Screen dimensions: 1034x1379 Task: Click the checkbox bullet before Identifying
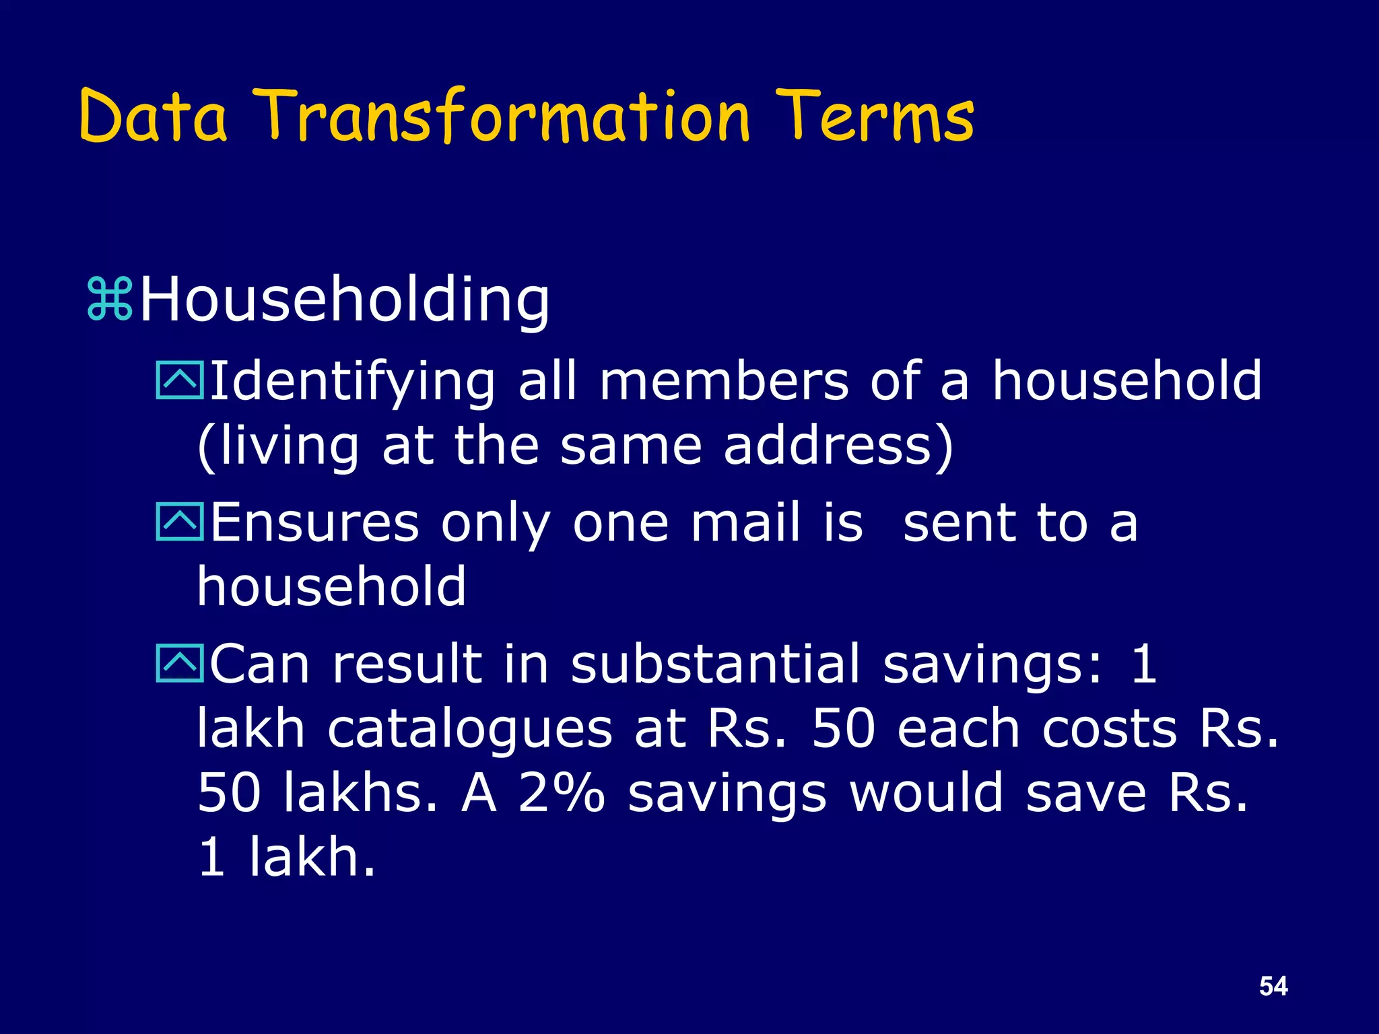179,381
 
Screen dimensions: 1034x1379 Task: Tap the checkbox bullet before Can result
179,664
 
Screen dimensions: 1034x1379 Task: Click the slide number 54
1273,986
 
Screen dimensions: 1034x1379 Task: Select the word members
724,381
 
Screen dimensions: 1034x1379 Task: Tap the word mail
746,522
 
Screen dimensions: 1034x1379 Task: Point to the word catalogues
470,730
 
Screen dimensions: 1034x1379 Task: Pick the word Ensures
314,522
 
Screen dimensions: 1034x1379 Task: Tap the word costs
1110,730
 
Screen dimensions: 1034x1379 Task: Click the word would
927,793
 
